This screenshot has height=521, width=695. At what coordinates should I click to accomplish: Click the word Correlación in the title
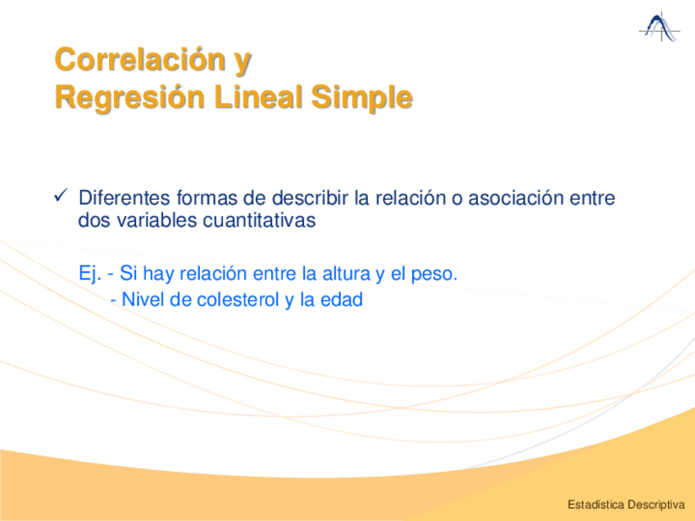click(x=140, y=59)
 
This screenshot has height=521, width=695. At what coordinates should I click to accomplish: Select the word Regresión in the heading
click(x=129, y=97)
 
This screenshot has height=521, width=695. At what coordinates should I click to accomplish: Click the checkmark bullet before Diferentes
click(x=61, y=195)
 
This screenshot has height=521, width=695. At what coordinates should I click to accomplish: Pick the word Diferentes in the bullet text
click(x=124, y=197)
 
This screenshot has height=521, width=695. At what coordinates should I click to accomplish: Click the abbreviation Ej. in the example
click(x=90, y=274)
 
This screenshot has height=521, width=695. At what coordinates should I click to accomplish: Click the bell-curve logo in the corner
click(x=660, y=28)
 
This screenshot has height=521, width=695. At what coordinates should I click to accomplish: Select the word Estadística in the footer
click(x=596, y=505)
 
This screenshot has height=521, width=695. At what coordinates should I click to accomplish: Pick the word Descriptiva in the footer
click(x=656, y=505)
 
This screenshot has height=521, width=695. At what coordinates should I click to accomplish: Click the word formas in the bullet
click(x=207, y=197)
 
